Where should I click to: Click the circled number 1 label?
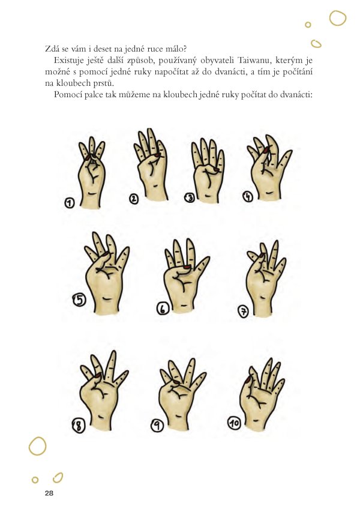[70, 202]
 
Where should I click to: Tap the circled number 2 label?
[134, 199]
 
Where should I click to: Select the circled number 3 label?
[190, 198]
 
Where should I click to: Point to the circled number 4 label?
[248, 196]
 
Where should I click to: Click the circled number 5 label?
[79, 300]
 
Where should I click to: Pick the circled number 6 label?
[163, 309]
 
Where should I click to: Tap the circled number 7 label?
[244, 312]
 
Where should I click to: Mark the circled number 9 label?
[158, 426]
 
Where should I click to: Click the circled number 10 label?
[234, 423]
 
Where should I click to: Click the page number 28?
[49, 493]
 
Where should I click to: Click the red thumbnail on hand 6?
[187, 267]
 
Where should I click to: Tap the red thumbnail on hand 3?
[217, 169]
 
